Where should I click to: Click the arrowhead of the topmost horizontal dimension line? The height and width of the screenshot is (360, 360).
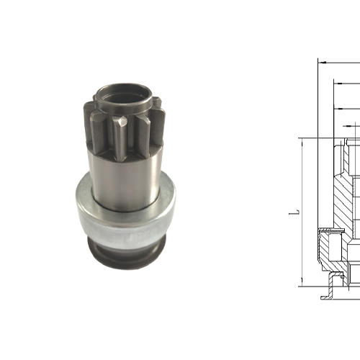pyautogui.click(x=321, y=63)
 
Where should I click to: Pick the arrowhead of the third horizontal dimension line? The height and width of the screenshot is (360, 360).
pyautogui.click(x=339, y=108)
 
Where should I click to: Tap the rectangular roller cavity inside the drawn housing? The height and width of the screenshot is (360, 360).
pyautogui.click(x=333, y=233)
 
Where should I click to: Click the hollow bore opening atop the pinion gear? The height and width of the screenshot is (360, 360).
pyautogui.click(x=121, y=91)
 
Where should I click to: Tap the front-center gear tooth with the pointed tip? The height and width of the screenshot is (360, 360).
pyautogui.click(x=125, y=137)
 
